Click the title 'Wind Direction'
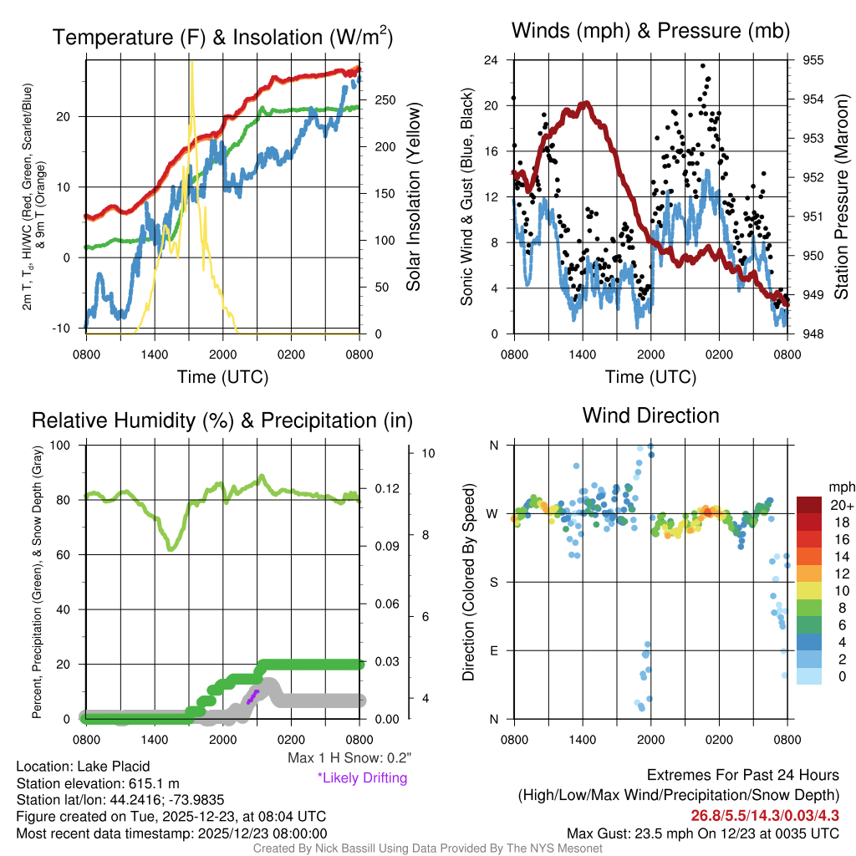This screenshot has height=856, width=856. [650, 415]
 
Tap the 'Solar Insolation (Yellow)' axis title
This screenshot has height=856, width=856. [413, 197]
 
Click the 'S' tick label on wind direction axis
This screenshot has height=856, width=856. [493, 582]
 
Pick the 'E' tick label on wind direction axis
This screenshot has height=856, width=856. [493, 650]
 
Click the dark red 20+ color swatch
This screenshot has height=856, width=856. [810, 505]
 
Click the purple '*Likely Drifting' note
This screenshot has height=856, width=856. [362, 778]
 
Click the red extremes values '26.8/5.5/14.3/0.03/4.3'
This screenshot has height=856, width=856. [764, 816]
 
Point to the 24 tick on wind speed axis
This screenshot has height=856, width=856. [492, 60]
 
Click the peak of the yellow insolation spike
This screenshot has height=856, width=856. [191, 63]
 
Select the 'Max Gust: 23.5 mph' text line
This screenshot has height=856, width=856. [702, 833]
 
